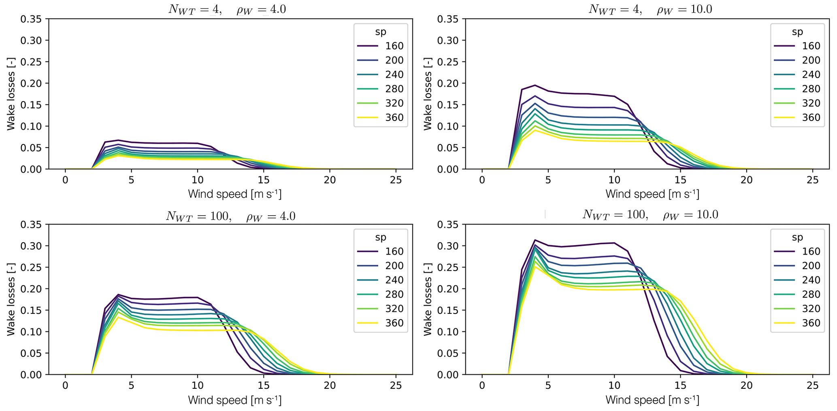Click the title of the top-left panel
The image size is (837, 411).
(227, 9)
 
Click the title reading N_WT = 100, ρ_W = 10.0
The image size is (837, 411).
(650, 214)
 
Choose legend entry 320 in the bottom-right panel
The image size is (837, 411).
(811, 309)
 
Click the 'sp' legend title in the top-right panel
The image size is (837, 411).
(797, 32)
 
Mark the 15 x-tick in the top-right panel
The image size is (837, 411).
(680, 180)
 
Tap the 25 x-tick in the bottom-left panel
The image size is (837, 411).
(396, 386)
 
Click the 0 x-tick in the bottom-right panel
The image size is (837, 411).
(482, 386)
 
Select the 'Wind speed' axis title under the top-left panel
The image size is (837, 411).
(234, 194)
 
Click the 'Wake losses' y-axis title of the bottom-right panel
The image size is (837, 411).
(428, 299)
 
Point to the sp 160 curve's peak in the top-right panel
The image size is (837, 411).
(535, 85)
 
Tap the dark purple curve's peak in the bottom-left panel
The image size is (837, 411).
(118, 294)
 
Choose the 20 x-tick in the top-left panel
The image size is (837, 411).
(330, 180)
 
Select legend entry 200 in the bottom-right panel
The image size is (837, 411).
(811, 266)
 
